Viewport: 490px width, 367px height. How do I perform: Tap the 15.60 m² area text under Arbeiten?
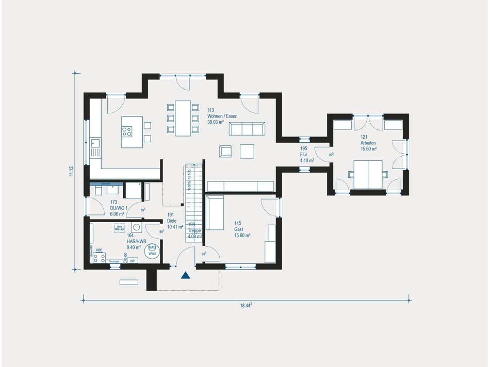[368, 149]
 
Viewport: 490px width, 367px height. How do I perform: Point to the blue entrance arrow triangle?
[186, 276]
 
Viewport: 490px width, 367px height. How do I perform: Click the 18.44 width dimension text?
[246, 305]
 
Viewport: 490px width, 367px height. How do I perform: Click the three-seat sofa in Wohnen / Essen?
[247, 129]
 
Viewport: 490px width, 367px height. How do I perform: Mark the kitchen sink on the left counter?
[95, 143]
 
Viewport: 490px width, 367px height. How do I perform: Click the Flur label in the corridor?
[304, 155]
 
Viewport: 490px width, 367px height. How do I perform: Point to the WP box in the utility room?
[133, 261]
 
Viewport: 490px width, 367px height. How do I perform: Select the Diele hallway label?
[171, 221]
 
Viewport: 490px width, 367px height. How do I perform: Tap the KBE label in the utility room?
[99, 250]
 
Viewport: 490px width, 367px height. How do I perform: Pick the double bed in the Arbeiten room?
[368, 174]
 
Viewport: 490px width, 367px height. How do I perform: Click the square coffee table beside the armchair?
[247, 151]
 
